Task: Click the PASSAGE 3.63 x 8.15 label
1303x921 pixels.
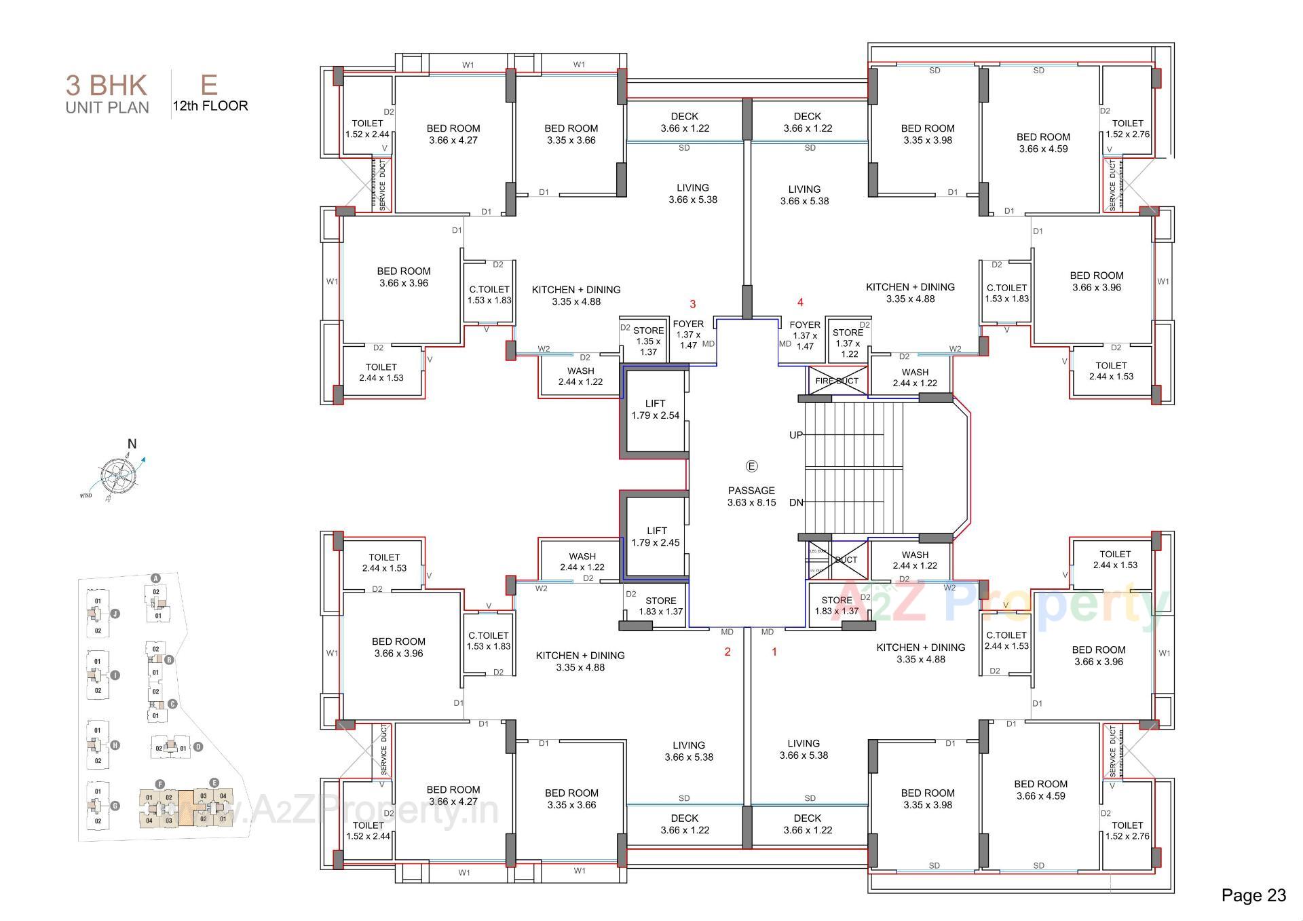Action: (751, 496)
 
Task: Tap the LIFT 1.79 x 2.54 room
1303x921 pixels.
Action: (655, 409)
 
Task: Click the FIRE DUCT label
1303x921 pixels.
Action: (837, 381)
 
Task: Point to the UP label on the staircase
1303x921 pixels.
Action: (796, 435)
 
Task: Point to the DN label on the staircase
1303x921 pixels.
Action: (796, 502)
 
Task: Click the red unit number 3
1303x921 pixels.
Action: (693, 304)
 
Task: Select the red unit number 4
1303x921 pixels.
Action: (800, 303)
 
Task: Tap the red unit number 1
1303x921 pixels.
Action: (774, 652)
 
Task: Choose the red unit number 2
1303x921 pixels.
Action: (728, 652)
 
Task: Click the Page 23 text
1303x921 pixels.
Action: (1253, 895)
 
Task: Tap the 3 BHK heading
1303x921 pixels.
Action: (106, 86)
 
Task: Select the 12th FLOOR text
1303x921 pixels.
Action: (210, 106)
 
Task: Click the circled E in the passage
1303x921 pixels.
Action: (751, 466)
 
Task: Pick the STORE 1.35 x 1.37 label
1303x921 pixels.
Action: (648, 341)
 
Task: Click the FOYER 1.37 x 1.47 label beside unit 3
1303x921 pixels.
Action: (688, 335)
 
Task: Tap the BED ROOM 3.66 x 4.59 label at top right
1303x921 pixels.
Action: (1043, 143)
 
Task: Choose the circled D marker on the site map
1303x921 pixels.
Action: (198, 747)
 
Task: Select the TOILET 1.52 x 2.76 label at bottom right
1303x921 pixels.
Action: (1127, 831)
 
